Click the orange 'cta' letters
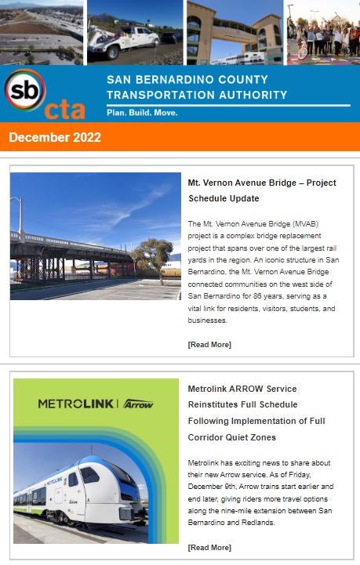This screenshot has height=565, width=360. (64, 110)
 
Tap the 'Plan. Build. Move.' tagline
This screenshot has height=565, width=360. (142, 113)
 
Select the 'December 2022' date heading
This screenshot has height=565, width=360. (55, 137)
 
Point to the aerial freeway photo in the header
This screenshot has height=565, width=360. (41, 31)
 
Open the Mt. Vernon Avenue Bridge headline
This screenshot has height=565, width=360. (261, 190)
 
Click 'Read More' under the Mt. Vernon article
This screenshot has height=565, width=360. (209, 345)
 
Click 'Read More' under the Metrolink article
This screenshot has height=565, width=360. (209, 547)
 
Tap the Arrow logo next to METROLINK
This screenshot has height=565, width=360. (137, 404)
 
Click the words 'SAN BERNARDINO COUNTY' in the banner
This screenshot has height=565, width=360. (187, 80)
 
